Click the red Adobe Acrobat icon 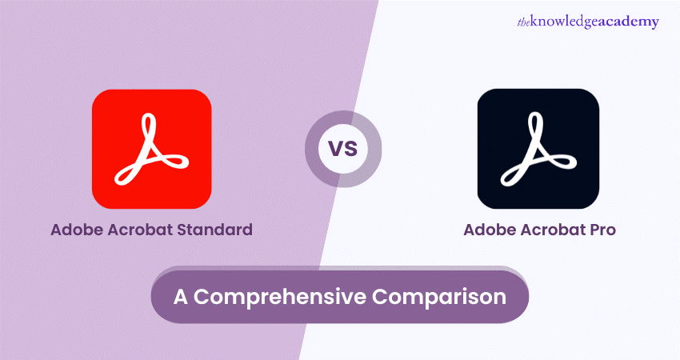click(x=151, y=149)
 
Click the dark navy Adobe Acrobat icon click(x=538, y=149)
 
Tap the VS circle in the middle click(x=343, y=149)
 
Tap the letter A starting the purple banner click(x=182, y=296)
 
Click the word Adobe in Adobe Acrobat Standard click(x=78, y=230)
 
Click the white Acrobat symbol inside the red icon click(x=151, y=149)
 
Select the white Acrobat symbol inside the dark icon click(x=538, y=149)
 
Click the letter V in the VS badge click(x=335, y=150)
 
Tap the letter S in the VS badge click(x=352, y=150)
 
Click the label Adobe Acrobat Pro click(x=540, y=230)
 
